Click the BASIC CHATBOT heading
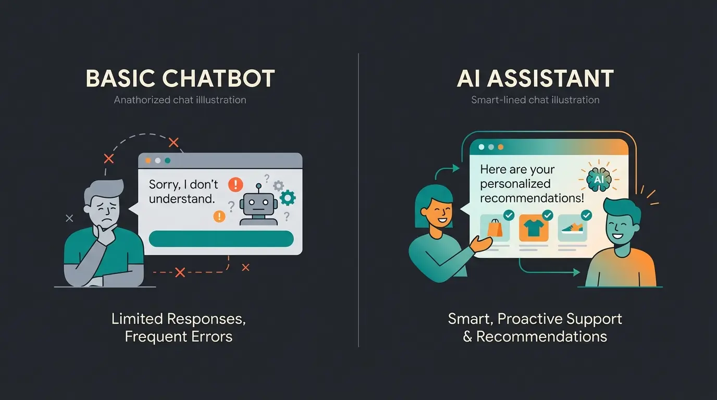(x=180, y=79)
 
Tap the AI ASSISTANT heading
(x=535, y=79)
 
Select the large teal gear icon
(x=287, y=197)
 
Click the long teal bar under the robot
(x=221, y=239)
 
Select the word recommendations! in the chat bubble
(x=532, y=198)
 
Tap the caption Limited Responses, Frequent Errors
(x=179, y=327)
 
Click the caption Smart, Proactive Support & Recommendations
(x=535, y=327)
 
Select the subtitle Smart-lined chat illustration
(x=535, y=99)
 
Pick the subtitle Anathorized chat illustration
(x=180, y=99)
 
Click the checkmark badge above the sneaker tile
(x=586, y=215)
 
